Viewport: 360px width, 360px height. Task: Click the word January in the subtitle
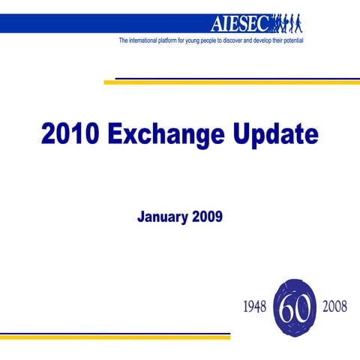163,217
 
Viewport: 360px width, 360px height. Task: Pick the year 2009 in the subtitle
207,217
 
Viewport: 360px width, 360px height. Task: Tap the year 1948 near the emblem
255,308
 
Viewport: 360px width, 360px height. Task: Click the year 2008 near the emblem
334,308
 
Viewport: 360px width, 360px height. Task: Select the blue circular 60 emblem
295,307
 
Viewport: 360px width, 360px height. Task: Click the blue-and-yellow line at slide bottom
112,336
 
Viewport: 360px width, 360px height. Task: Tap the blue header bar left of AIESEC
97,23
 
